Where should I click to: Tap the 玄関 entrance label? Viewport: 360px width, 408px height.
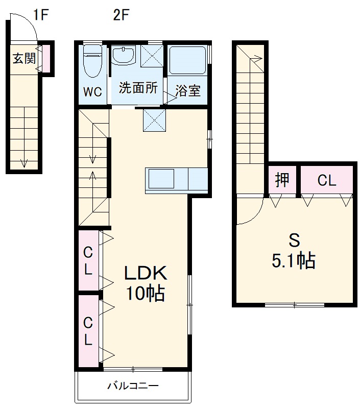point(23,58)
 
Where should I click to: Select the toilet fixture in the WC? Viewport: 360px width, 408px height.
point(93,62)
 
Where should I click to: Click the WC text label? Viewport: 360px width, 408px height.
point(93,92)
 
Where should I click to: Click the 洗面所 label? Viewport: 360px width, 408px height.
point(138,87)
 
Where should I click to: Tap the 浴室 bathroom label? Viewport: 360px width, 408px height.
point(187,91)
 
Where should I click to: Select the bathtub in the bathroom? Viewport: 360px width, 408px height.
point(187,61)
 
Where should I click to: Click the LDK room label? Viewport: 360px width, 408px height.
point(147,273)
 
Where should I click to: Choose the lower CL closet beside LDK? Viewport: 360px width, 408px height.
point(88,331)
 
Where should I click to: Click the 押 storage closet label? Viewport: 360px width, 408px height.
point(282,180)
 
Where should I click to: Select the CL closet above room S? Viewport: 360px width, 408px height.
point(326,180)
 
